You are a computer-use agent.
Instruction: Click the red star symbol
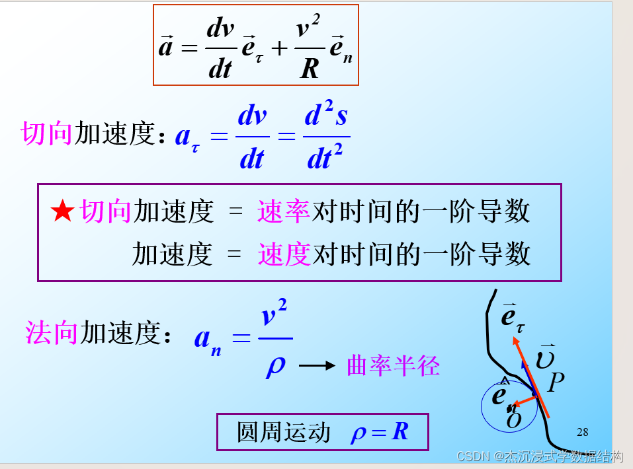click(63, 211)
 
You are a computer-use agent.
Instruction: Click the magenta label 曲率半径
click(393, 365)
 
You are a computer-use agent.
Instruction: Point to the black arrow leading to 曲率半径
click(317, 365)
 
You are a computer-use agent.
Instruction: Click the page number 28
click(582, 433)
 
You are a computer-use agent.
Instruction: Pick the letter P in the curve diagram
click(556, 381)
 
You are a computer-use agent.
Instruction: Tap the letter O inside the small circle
click(513, 420)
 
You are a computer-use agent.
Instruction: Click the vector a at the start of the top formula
click(165, 47)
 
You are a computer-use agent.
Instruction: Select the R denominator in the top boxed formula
click(309, 68)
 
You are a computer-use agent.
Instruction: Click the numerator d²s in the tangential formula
click(325, 117)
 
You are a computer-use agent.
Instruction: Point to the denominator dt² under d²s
click(325, 159)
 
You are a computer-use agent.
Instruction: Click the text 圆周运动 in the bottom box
click(283, 433)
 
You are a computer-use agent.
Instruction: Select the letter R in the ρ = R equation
click(400, 432)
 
